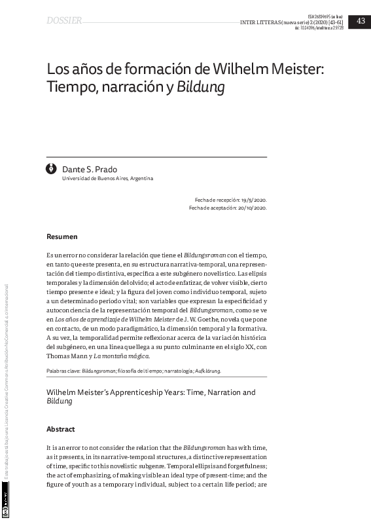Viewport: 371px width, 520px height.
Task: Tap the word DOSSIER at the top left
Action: (64, 21)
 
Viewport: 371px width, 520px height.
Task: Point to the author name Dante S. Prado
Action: (90, 170)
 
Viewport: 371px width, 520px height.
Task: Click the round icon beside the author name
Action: (52, 170)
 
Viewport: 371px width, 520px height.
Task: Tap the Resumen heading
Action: (62, 236)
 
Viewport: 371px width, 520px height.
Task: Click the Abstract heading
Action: (61, 430)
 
